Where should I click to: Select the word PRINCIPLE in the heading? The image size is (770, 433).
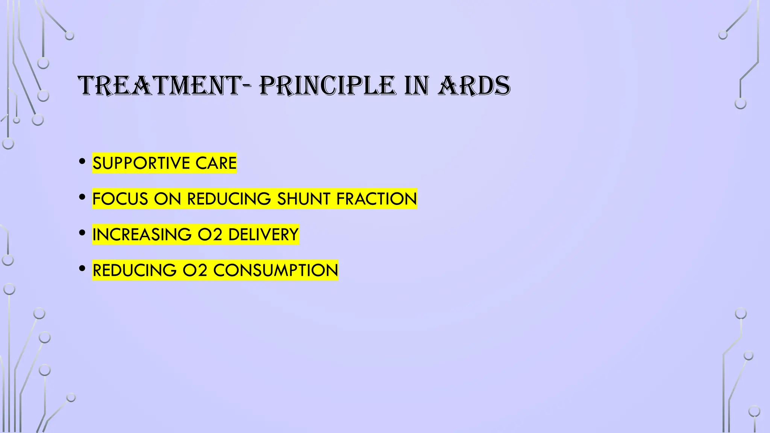327,86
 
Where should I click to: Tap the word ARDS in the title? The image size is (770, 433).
474,86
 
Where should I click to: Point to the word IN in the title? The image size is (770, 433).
417,86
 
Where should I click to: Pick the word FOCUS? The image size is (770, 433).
120,199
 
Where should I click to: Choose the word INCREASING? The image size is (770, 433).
142,235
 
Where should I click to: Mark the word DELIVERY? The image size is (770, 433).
263,235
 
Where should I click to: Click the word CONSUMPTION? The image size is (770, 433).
276,270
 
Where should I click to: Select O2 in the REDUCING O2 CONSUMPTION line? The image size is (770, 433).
195,270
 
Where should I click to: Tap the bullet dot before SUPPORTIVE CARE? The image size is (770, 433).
82,162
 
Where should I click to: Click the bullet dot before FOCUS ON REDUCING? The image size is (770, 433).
82,197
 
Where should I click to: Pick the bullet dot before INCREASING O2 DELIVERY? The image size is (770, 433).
82,233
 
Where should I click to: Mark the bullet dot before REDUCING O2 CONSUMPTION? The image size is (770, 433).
82,269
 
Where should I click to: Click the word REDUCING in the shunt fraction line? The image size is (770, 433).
229,199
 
